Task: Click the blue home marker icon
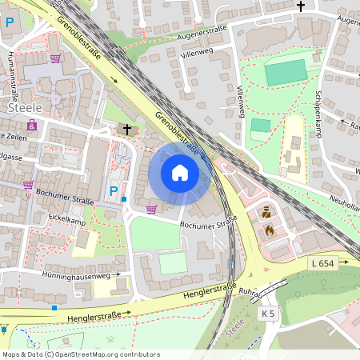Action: click(x=180, y=173)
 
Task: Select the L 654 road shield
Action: click(x=323, y=263)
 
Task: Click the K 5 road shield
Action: click(x=268, y=314)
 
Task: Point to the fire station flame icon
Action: click(x=269, y=229)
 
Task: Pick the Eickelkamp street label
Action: click(x=67, y=218)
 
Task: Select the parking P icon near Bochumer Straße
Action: click(x=114, y=191)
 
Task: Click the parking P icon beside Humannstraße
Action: click(x=9, y=22)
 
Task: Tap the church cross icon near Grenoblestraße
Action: click(x=126, y=129)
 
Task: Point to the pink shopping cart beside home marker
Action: click(x=151, y=210)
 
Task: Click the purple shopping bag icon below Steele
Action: click(x=31, y=126)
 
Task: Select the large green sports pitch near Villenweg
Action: click(x=286, y=72)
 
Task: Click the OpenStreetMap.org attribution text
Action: click(x=80, y=354)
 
